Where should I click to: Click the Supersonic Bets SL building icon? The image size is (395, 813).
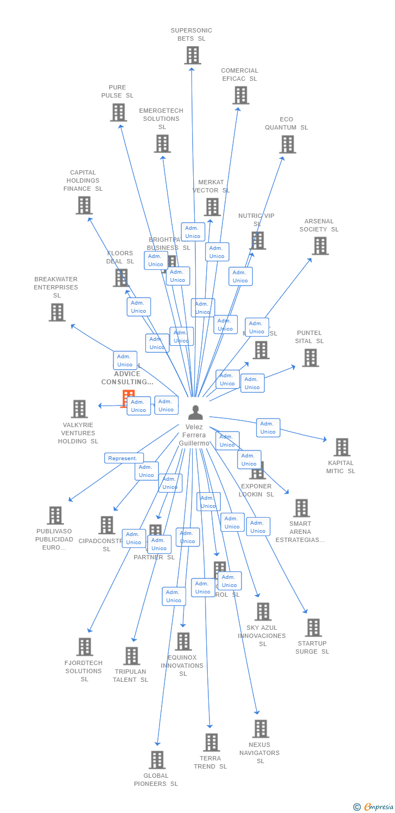click(192, 55)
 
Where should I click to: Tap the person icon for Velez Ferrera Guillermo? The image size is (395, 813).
click(195, 412)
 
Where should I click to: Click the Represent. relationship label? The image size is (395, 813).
click(124, 458)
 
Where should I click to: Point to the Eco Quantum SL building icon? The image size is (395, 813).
click(288, 144)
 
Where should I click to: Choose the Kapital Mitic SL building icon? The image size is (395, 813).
click(342, 447)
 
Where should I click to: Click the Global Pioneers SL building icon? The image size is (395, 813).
click(157, 760)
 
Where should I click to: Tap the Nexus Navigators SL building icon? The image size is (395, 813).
click(260, 729)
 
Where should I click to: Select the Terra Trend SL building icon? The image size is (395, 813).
click(211, 743)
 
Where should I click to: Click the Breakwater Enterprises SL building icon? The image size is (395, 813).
click(57, 312)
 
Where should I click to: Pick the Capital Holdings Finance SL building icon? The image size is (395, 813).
click(84, 205)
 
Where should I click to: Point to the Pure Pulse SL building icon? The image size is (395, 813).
click(118, 112)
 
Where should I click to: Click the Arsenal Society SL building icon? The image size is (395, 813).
click(320, 246)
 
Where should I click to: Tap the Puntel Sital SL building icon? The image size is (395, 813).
click(310, 358)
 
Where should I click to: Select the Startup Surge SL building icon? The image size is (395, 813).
click(313, 628)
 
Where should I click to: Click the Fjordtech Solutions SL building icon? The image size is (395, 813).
click(85, 647)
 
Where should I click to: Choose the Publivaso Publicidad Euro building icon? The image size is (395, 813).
click(55, 515)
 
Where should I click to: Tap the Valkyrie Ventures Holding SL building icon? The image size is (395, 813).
click(79, 409)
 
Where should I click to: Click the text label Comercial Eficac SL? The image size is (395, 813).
click(239, 75)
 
